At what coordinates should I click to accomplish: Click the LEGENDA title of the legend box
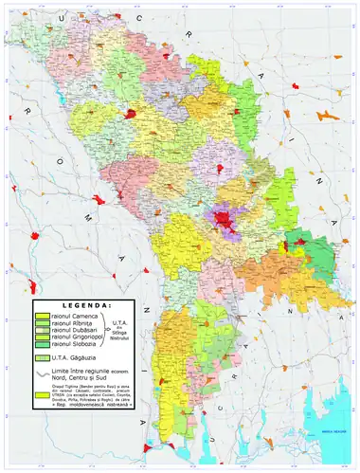click(x=84, y=306)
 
